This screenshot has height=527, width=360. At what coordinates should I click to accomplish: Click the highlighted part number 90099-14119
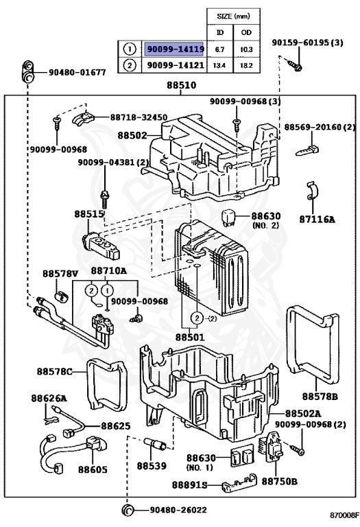(176, 49)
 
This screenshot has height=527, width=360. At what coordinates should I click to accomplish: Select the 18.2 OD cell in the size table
(246, 65)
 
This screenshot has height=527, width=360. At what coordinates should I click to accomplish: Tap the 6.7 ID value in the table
(219, 49)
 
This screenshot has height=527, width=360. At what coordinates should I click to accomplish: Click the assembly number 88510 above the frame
(181, 85)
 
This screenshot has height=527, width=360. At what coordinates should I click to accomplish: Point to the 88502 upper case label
(132, 135)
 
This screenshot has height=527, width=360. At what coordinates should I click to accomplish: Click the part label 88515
(89, 214)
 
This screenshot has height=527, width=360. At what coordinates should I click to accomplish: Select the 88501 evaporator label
(190, 336)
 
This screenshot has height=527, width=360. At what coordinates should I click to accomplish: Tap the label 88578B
(320, 396)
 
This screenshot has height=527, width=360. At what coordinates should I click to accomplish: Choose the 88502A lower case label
(303, 413)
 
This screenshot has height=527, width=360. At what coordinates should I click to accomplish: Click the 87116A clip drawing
(312, 191)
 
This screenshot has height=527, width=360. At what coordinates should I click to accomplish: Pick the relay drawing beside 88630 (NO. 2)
(228, 218)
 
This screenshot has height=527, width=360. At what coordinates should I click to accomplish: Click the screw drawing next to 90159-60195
(294, 65)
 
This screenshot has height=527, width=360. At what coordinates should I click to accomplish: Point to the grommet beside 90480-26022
(128, 510)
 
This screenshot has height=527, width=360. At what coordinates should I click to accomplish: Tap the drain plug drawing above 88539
(155, 444)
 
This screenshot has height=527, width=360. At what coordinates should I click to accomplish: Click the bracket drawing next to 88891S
(239, 482)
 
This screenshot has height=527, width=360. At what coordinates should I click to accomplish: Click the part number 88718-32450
(139, 117)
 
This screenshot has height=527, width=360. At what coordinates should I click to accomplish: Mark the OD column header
(246, 32)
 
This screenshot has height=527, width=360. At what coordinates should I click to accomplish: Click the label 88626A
(49, 398)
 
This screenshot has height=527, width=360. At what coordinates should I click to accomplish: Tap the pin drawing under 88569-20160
(307, 150)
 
